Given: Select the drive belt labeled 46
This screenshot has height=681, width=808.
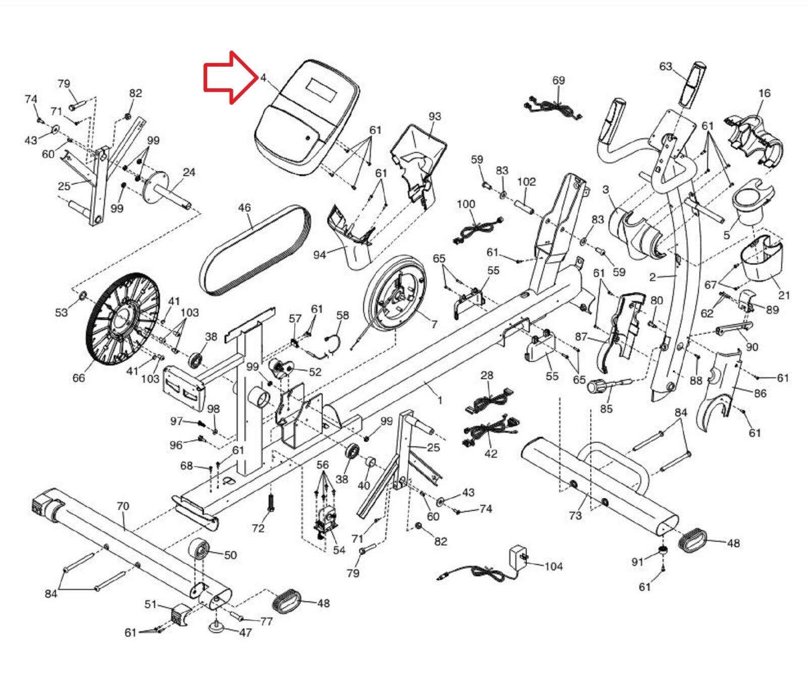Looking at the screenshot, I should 255,250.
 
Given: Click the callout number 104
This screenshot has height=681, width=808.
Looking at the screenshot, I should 553,566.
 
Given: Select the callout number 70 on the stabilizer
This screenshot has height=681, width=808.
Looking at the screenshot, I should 123,506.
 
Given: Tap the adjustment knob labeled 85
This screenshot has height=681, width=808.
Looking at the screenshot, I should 599,388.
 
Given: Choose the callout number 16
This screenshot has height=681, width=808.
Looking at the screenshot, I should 764,93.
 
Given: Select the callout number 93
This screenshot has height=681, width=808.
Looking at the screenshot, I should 435,117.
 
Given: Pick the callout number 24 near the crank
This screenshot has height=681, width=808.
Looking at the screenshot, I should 189,172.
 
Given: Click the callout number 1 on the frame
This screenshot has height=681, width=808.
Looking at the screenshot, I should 440,400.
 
